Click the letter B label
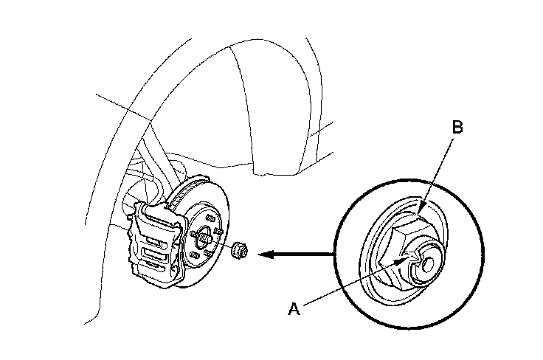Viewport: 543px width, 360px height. [x=457, y=128]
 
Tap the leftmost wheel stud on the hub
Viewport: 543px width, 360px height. [x=190, y=234]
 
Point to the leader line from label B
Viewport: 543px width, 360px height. [x=437, y=170]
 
